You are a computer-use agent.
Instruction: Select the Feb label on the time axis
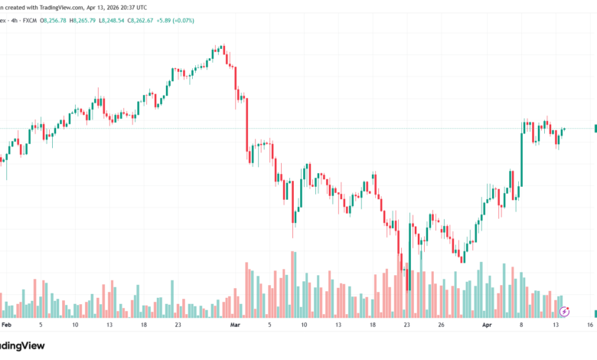[x=6, y=325]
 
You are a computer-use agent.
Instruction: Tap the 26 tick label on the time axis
[x=442, y=325]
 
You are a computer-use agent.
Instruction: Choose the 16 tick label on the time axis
[x=591, y=325]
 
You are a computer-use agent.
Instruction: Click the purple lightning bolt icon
[x=565, y=311]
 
